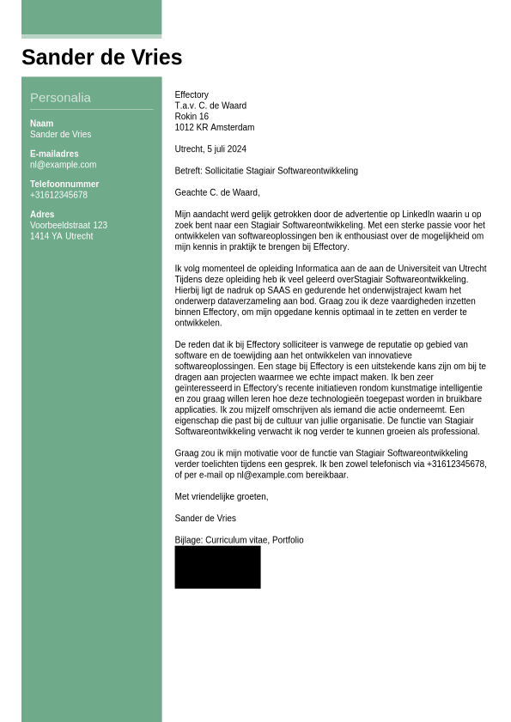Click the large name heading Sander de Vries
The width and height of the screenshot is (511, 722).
click(x=101, y=58)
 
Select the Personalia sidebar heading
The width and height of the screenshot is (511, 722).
click(x=60, y=98)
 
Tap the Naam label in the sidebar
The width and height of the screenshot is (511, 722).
click(x=41, y=124)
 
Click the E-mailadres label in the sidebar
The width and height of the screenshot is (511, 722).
click(x=54, y=154)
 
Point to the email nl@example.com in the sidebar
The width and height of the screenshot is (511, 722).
click(x=63, y=165)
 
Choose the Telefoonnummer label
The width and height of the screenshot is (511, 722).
click(x=64, y=184)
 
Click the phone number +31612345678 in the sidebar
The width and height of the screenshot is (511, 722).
click(x=58, y=195)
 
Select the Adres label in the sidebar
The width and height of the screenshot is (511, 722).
click(x=42, y=215)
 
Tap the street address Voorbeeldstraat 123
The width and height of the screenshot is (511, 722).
click(x=69, y=226)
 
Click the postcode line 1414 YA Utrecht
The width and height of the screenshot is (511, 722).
click(x=61, y=236)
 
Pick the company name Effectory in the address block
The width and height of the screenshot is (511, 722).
click(x=192, y=95)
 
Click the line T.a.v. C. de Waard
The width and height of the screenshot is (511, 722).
click(x=210, y=106)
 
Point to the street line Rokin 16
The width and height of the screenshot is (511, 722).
click(x=192, y=117)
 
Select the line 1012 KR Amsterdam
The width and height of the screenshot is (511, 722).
click(x=214, y=128)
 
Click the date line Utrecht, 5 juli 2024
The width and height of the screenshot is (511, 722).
click(x=210, y=149)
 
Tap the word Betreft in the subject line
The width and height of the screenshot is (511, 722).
click(x=188, y=171)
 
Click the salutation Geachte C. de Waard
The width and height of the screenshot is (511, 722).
click(x=216, y=192)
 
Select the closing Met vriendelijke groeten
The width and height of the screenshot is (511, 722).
click(x=221, y=496)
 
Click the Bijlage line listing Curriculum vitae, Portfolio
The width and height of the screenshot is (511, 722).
click(x=239, y=540)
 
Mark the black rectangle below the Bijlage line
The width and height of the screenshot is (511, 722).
click(x=217, y=567)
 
